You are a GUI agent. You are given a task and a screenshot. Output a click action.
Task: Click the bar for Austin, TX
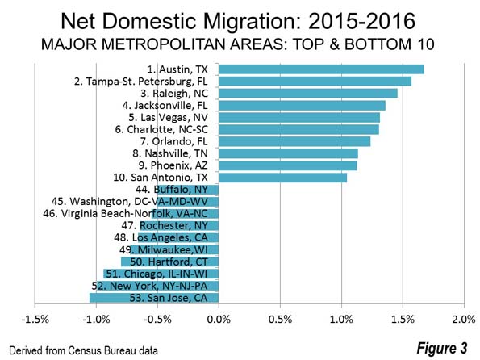[x=321, y=69]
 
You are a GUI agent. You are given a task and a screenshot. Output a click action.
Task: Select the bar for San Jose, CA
[x=154, y=298]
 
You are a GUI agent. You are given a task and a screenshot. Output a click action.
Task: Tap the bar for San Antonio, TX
[x=283, y=178]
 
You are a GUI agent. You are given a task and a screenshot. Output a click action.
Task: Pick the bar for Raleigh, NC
[x=308, y=94]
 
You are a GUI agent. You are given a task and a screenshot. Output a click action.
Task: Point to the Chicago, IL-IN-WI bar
[x=161, y=274]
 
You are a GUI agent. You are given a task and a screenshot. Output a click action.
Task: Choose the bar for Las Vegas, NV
[x=299, y=118]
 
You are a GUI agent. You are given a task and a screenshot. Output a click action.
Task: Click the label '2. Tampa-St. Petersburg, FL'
[x=141, y=82]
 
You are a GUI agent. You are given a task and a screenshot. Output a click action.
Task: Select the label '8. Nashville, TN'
[x=170, y=153]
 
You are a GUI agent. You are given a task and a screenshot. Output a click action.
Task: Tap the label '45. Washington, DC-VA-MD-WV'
[x=130, y=202]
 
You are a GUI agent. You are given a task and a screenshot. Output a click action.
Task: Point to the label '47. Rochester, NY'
[x=165, y=226]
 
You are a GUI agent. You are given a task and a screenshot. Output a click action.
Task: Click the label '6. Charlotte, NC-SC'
[x=161, y=129]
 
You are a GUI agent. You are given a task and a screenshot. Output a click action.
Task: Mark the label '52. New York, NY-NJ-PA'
[x=150, y=287]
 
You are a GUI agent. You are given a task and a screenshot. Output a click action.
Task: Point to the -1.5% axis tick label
[x=35, y=320]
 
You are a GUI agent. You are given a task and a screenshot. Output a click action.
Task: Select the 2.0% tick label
[x=464, y=320]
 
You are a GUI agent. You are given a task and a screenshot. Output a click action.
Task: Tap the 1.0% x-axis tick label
[x=341, y=320]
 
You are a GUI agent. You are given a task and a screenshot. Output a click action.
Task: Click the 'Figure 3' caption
[x=442, y=348]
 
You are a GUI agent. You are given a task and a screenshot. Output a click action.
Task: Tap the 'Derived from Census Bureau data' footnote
[x=83, y=350]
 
